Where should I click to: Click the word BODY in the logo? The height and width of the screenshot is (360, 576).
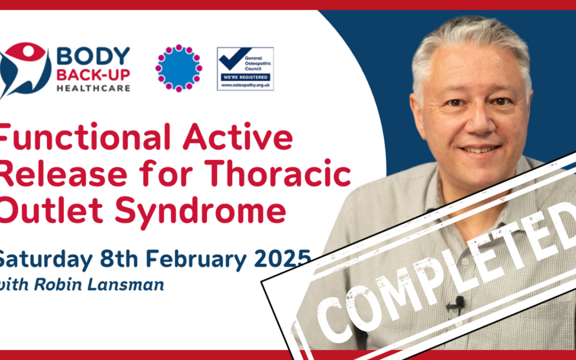[93, 56]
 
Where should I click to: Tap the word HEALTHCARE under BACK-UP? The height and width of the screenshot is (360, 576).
[93, 88]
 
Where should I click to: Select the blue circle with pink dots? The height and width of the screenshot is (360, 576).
[179, 68]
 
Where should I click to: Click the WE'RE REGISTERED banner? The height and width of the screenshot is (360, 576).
[245, 77]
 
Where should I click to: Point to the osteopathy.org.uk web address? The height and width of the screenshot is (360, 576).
[245, 85]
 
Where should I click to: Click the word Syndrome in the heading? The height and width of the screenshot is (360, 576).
[200, 210]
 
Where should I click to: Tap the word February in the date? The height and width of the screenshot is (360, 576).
[196, 260]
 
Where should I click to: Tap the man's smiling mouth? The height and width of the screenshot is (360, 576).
[481, 149]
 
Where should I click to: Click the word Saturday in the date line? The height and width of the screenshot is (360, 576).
[44, 260]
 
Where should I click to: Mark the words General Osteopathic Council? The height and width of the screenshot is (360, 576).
[258, 63]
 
